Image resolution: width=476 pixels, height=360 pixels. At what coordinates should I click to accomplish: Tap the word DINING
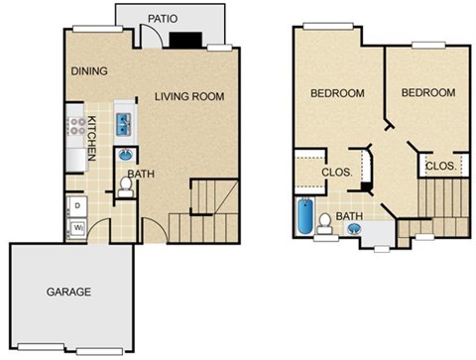(89, 71)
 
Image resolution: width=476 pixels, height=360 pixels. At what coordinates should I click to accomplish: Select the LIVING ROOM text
(189, 96)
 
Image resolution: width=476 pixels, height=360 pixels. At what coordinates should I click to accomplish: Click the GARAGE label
(68, 292)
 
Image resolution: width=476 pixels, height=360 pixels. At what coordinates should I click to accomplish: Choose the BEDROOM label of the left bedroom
(337, 93)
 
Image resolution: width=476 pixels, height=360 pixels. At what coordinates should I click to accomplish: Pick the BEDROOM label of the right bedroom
(427, 92)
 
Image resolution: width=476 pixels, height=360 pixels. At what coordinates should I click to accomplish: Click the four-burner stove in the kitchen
(75, 127)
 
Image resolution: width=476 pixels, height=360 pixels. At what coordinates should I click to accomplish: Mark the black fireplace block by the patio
(182, 40)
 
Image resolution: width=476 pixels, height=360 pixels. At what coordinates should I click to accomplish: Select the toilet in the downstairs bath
(127, 187)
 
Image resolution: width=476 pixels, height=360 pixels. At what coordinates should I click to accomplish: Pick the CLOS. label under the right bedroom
(440, 167)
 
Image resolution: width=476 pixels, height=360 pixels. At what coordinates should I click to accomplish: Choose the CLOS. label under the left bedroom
(336, 171)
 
